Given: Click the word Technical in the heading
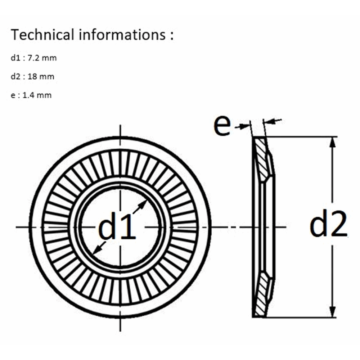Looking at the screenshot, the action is (42, 35).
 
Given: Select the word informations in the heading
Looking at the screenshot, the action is (122, 35).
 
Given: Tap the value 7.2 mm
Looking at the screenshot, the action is (42, 58).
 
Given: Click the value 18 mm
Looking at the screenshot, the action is (41, 76).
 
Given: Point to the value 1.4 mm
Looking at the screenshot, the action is (37, 95).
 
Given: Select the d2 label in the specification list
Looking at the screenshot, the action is (15, 76).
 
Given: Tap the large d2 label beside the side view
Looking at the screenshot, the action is (328, 224).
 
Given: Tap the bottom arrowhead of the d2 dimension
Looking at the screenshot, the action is (333, 311).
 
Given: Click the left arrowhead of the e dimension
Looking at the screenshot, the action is (245, 126).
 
